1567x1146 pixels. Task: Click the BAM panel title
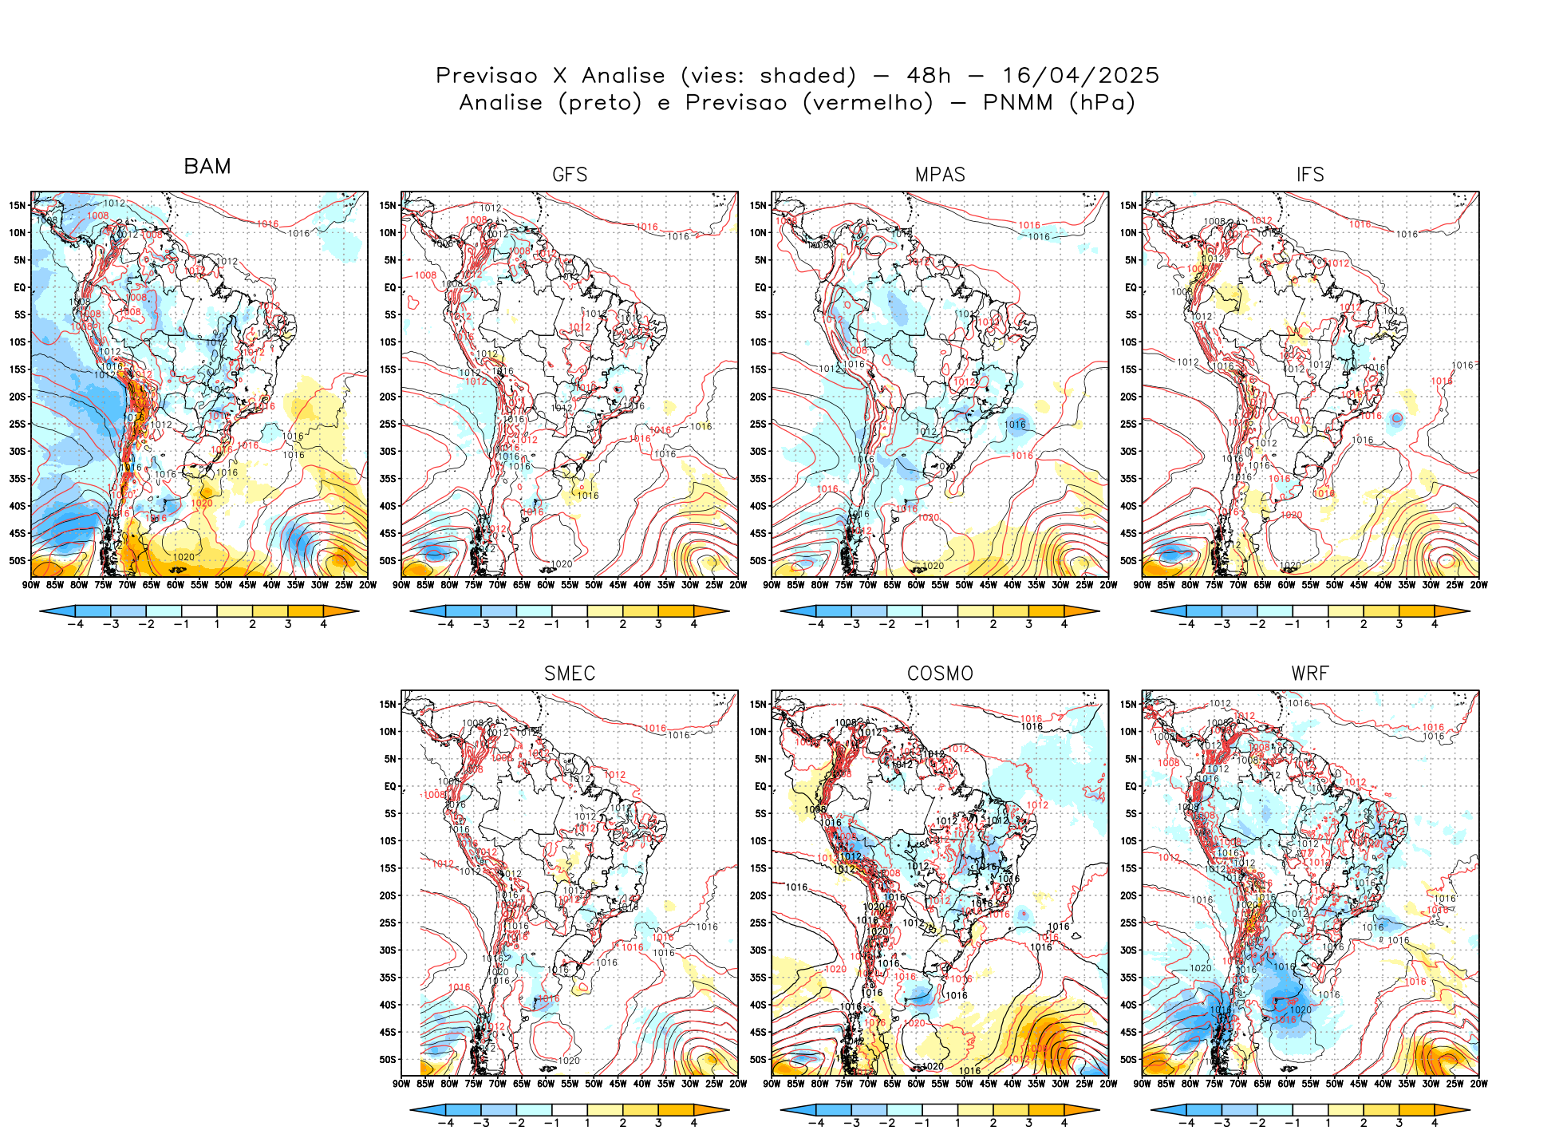pos(207,166)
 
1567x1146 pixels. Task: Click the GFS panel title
pos(570,175)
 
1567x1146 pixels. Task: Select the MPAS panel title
pos(940,175)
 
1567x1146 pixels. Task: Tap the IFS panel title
pos(1310,175)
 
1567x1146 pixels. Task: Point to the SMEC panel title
pos(570,674)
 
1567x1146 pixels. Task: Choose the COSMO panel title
pos(940,674)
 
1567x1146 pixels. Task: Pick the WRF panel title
pos(1310,674)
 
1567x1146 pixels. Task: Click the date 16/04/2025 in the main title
pos(1080,76)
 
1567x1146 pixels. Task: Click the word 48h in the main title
pos(929,76)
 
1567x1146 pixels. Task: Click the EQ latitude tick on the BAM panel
pos(20,287)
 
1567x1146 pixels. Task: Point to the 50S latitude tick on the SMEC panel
pos(388,1060)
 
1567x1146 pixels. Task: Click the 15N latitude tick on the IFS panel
pos(1128,205)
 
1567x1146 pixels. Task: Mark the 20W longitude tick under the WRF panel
pos(1479,1084)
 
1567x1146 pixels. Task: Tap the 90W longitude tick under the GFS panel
pos(401,585)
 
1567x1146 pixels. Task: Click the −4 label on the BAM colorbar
pos(75,624)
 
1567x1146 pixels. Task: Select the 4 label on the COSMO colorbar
pos(1064,1123)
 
